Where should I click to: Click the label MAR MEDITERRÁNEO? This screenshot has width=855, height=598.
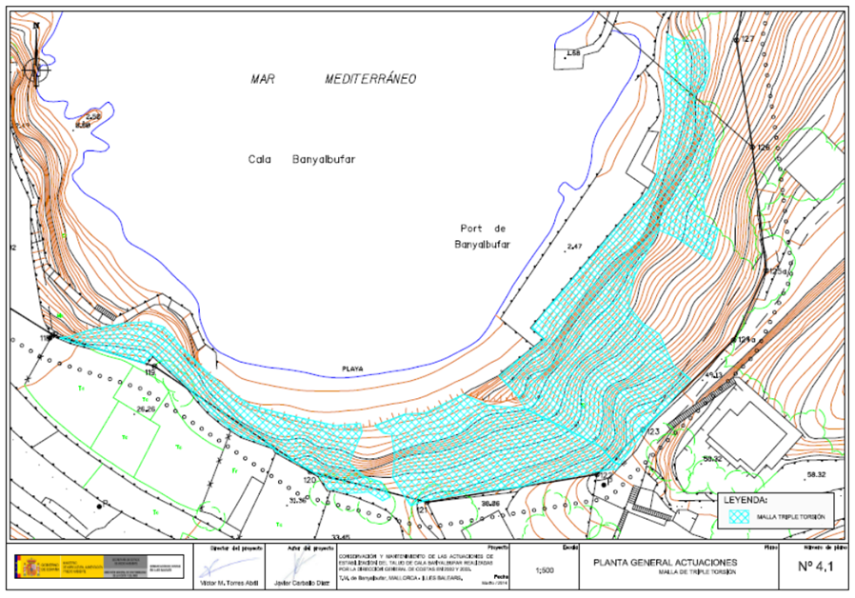coord(333,81)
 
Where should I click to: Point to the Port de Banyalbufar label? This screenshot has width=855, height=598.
coord(483,236)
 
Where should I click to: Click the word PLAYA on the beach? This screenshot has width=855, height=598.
coord(353,369)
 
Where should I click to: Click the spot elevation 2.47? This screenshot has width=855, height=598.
coord(573,248)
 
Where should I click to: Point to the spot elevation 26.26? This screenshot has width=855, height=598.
coord(146,409)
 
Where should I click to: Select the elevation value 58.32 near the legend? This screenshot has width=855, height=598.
coord(817,472)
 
